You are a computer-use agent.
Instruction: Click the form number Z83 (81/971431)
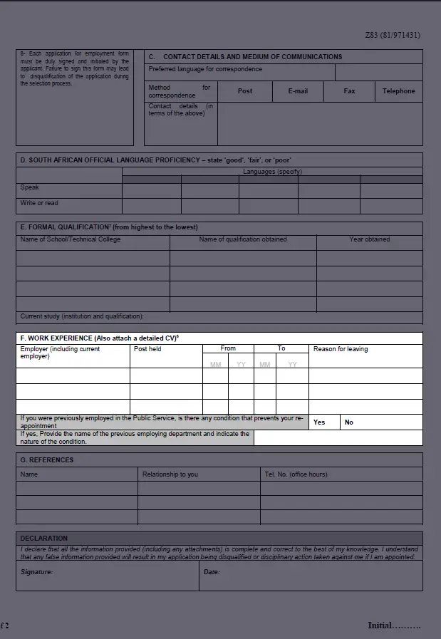click(x=393, y=34)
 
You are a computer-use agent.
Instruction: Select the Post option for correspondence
click(x=245, y=91)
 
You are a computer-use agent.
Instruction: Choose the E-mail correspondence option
click(x=298, y=91)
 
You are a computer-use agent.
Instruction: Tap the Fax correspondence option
click(x=349, y=91)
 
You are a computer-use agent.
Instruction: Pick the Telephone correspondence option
click(x=398, y=91)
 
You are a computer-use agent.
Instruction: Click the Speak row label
click(x=30, y=188)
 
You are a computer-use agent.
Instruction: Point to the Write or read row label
click(x=40, y=204)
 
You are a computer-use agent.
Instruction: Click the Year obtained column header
click(x=369, y=239)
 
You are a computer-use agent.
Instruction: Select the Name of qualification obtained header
click(x=243, y=239)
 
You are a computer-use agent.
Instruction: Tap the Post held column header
click(x=147, y=349)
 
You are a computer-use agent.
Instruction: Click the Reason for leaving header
click(x=341, y=349)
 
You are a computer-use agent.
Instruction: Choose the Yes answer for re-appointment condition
click(x=319, y=422)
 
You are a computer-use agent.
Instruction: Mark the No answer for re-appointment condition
click(x=349, y=422)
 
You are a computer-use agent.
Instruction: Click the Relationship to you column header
click(x=170, y=474)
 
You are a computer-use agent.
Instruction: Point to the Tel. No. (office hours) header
click(x=296, y=474)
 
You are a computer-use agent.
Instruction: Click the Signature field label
click(x=36, y=572)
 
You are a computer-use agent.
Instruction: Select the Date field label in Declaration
click(x=212, y=572)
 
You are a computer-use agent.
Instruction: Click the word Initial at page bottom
click(x=380, y=625)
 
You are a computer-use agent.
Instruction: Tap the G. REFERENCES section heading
click(x=47, y=460)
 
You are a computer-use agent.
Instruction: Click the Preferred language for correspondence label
click(x=205, y=70)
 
